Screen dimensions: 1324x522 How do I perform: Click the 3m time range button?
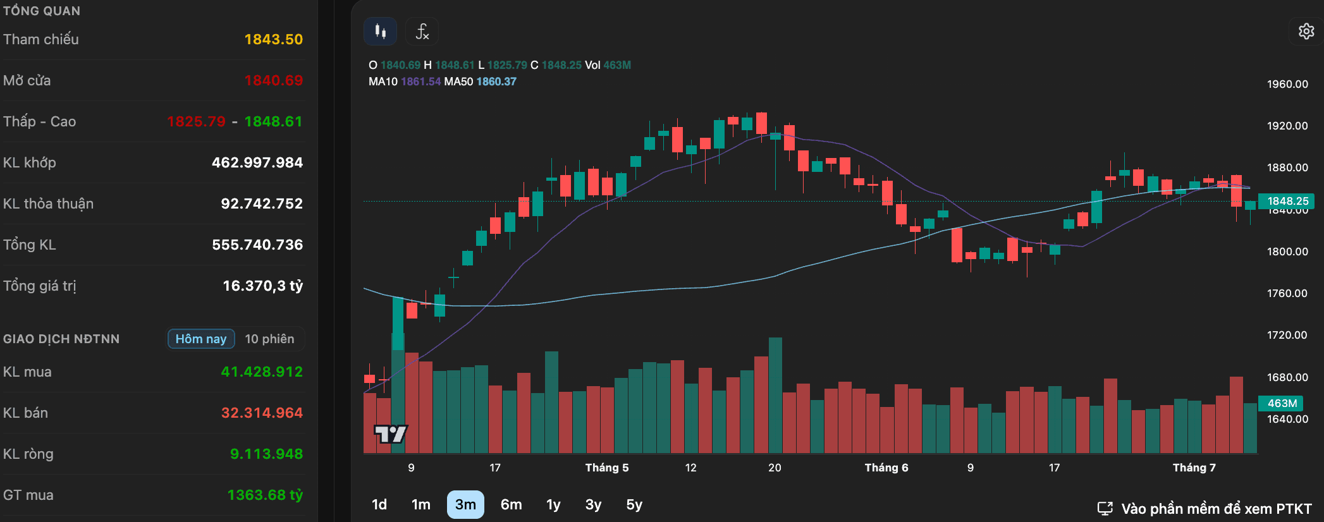tap(465, 504)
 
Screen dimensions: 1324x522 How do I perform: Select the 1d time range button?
tap(379, 504)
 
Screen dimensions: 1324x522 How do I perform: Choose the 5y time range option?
tap(634, 504)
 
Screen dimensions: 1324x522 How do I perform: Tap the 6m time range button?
tap(512, 504)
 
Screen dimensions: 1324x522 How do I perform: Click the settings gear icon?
tap(1306, 31)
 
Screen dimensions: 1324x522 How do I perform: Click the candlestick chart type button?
tap(380, 31)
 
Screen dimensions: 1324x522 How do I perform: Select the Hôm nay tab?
tap(201, 339)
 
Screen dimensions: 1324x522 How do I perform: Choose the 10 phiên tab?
tap(269, 339)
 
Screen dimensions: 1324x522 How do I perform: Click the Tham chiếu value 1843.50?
tap(274, 39)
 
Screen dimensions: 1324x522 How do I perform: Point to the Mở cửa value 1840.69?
tap(274, 80)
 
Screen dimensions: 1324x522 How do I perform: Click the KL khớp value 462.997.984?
tap(257, 162)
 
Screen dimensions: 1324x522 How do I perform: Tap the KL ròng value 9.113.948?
tap(266, 454)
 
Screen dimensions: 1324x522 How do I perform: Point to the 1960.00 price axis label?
tap(1287, 84)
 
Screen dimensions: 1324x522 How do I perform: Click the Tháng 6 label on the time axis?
tap(886, 468)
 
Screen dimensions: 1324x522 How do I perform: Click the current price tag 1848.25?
tap(1287, 201)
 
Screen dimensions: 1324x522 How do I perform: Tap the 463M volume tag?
tap(1282, 403)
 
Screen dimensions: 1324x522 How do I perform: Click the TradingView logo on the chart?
tap(391, 434)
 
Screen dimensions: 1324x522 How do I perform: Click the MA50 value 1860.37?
tap(496, 82)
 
